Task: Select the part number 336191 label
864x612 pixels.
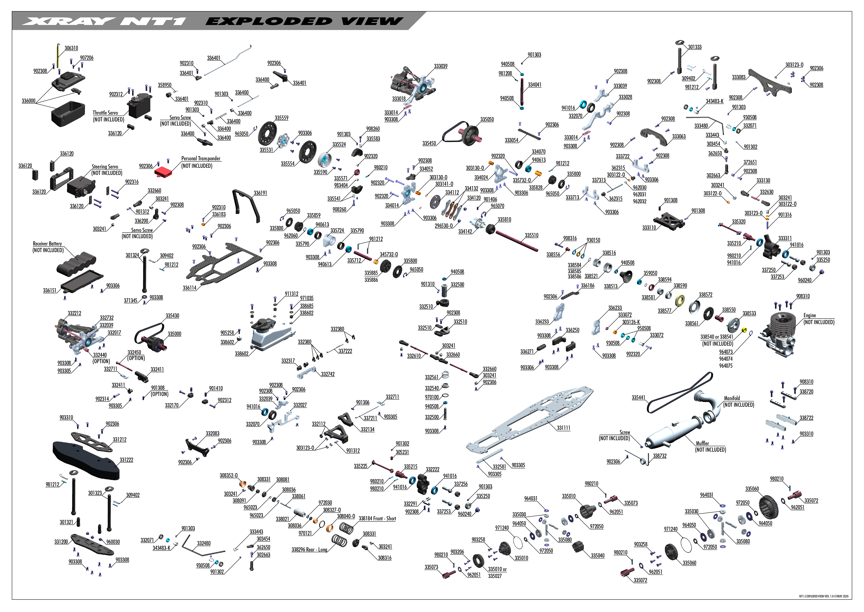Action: [x=260, y=193]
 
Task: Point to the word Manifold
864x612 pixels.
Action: [x=732, y=398]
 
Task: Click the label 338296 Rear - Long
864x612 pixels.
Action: [x=309, y=550]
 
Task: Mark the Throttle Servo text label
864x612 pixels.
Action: [x=105, y=113]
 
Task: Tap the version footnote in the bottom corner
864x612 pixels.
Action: [x=824, y=597]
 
